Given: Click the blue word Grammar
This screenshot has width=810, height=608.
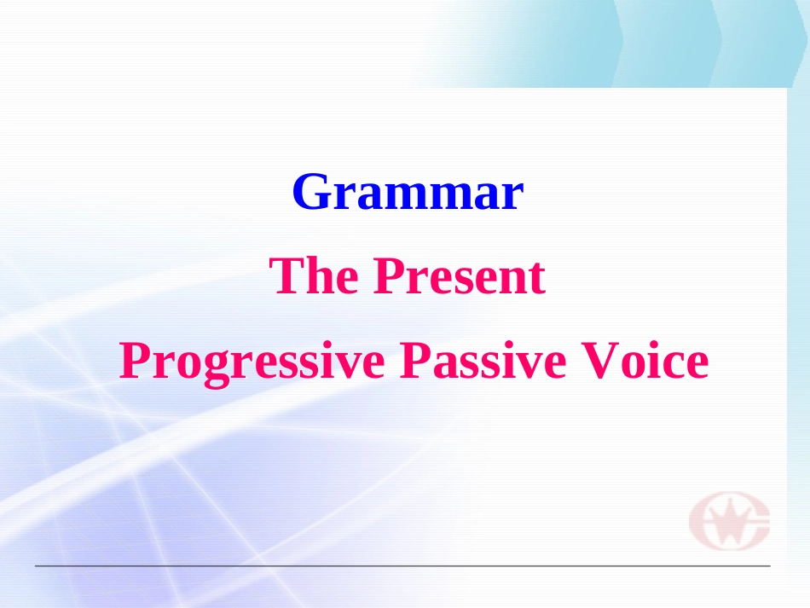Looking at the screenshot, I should [407, 193].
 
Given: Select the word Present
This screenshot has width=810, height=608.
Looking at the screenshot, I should [459, 277].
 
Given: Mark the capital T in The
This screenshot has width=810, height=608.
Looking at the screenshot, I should [285, 277].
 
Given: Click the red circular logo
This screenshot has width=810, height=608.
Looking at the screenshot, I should [730, 521].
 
